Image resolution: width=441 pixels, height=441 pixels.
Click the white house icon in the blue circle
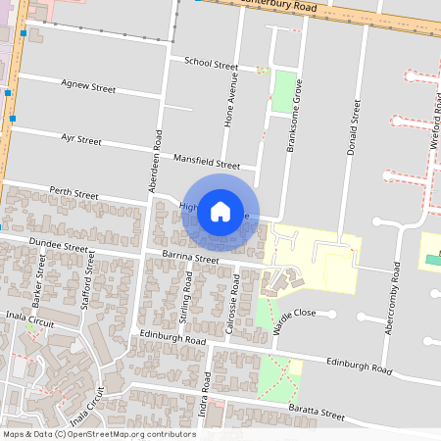220,211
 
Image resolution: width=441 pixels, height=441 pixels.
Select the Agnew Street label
88,88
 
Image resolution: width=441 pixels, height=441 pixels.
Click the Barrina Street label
190,260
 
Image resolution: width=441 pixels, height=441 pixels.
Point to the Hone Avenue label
232,102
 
